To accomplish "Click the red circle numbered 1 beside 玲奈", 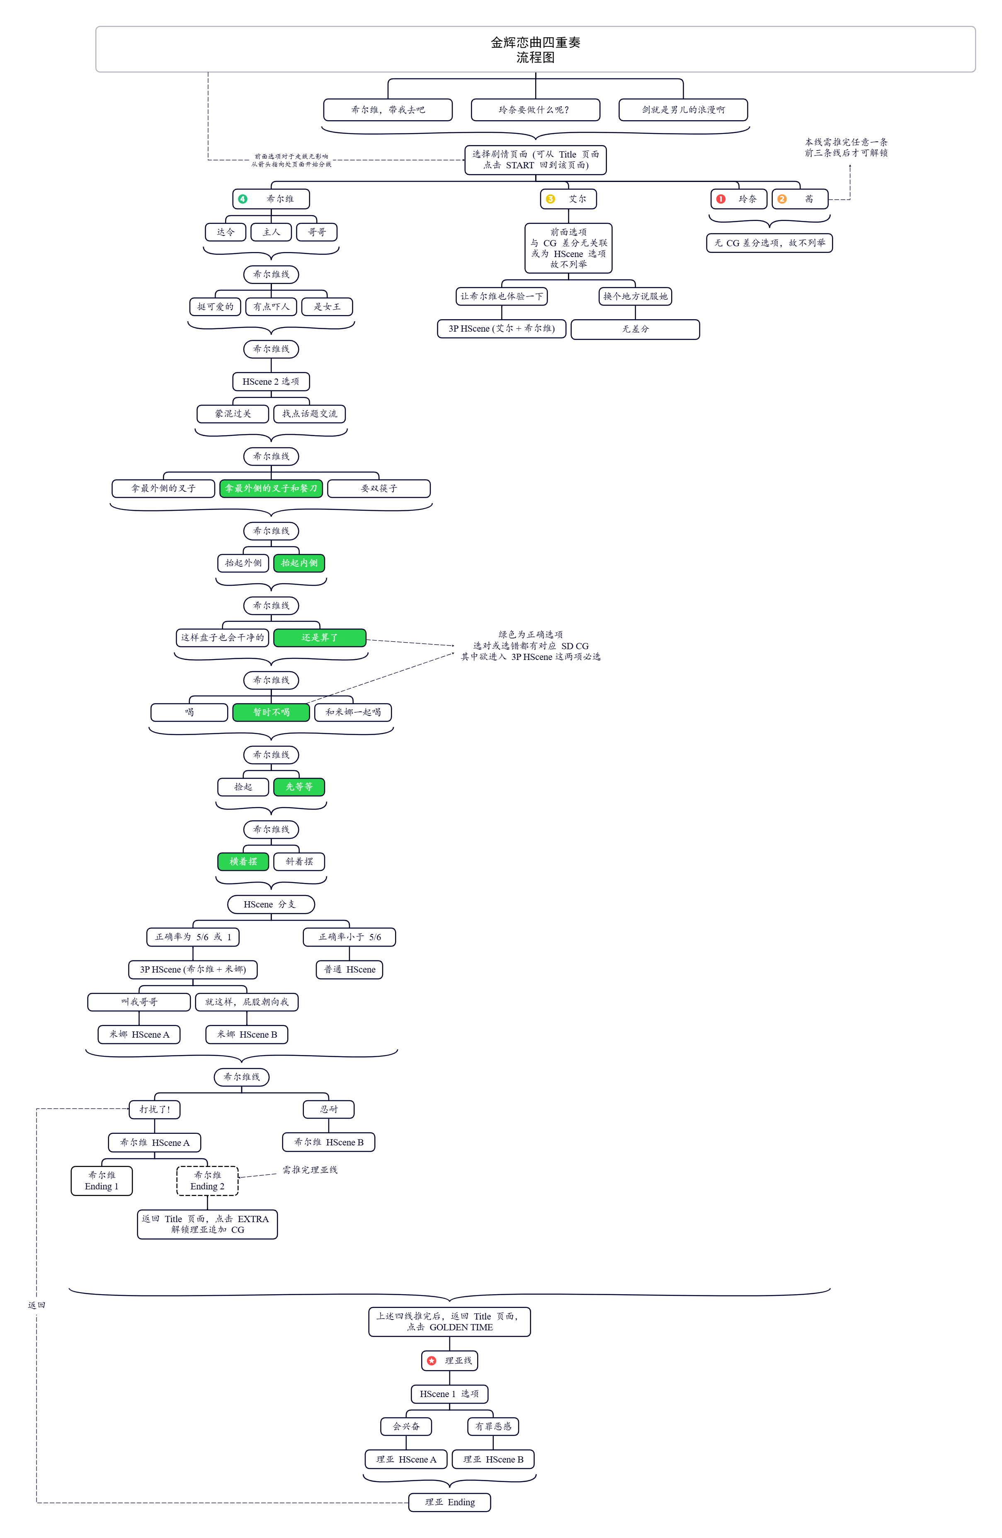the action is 721,199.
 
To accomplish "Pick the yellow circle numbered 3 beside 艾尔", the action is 551,199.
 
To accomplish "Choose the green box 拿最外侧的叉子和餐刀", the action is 272,488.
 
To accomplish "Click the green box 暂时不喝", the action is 272,712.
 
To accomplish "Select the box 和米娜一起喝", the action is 353,712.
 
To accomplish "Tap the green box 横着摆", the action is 243,861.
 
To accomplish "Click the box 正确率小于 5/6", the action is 349,937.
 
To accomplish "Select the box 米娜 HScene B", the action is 247,1035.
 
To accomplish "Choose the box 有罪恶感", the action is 493,1426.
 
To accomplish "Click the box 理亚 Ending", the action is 450,1502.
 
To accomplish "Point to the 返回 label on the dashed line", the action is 36,1305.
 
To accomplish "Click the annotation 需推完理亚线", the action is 310,1169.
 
